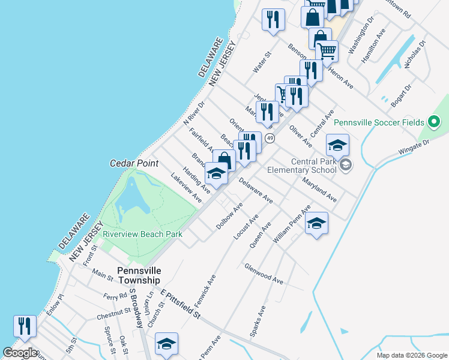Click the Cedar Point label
(x=134, y=163)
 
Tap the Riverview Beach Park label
(x=142, y=235)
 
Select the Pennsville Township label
(x=139, y=275)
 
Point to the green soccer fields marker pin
(x=435, y=122)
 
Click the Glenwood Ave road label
(x=264, y=273)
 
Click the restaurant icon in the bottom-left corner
(x=25, y=326)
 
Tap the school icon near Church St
(x=166, y=344)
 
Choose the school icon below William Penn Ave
(x=316, y=223)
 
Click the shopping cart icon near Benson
(x=327, y=51)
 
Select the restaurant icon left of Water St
(x=273, y=19)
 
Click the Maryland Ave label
(x=319, y=189)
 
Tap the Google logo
(x=19, y=353)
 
